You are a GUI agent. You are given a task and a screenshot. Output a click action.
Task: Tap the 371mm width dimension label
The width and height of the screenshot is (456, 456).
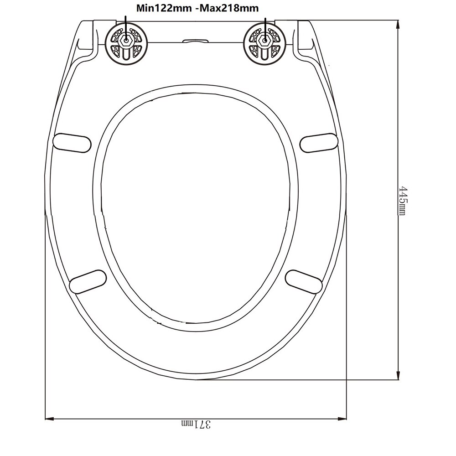(197, 424)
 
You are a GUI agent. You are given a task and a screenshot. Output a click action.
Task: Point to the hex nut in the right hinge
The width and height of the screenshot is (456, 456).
(264, 40)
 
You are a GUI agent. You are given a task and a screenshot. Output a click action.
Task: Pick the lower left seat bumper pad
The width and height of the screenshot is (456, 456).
(88, 281)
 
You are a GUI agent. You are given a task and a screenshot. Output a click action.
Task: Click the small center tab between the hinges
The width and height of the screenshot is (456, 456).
(195, 41)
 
